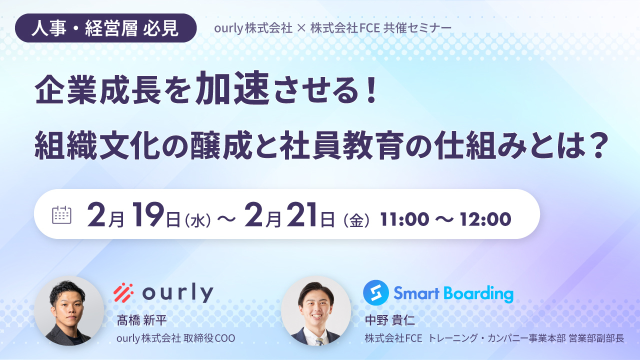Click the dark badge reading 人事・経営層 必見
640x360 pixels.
(105, 28)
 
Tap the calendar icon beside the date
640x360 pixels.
(62, 214)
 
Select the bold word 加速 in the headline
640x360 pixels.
(233, 90)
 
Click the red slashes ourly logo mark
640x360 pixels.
(123, 292)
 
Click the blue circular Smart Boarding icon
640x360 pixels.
(375, 292)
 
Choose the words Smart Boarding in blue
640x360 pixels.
(453, 293)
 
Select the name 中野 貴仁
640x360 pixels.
(390, 319)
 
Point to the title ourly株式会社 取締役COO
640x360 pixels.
(175, 338)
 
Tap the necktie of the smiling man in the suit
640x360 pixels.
(318, 341)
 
